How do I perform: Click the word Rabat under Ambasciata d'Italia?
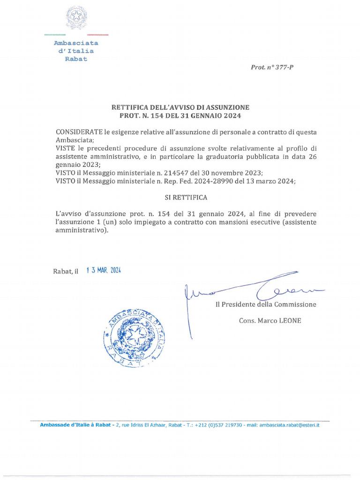76,59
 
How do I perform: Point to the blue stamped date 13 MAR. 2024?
104,270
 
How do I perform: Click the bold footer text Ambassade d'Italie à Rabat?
75,425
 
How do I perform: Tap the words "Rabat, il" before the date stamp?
66,271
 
